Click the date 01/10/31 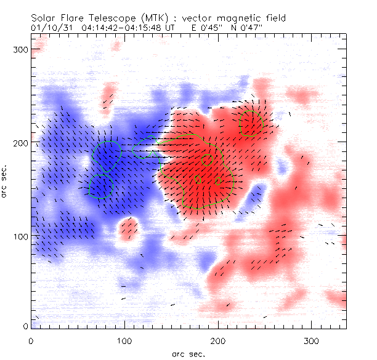coord(48,28)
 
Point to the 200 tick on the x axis coord(217,340)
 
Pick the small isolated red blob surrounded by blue coord(129,228)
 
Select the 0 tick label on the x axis coord(31,340)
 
